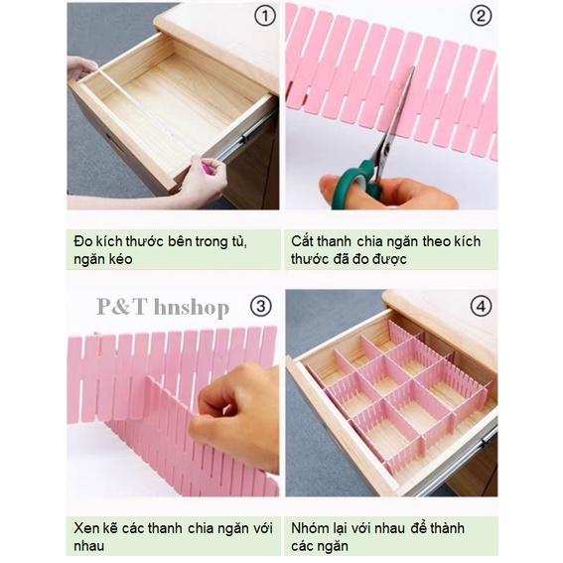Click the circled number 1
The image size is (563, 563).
coord(263,16)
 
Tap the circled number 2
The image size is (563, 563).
coord(481,16)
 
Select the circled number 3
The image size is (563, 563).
coord(260,306)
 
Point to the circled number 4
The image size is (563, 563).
coord(481,306)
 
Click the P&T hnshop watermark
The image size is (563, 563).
coord(163,307)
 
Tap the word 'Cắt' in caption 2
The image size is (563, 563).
coord(304,240)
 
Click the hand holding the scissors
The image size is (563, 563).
coord(397,191)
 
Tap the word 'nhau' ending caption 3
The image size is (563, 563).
coord(90,546)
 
